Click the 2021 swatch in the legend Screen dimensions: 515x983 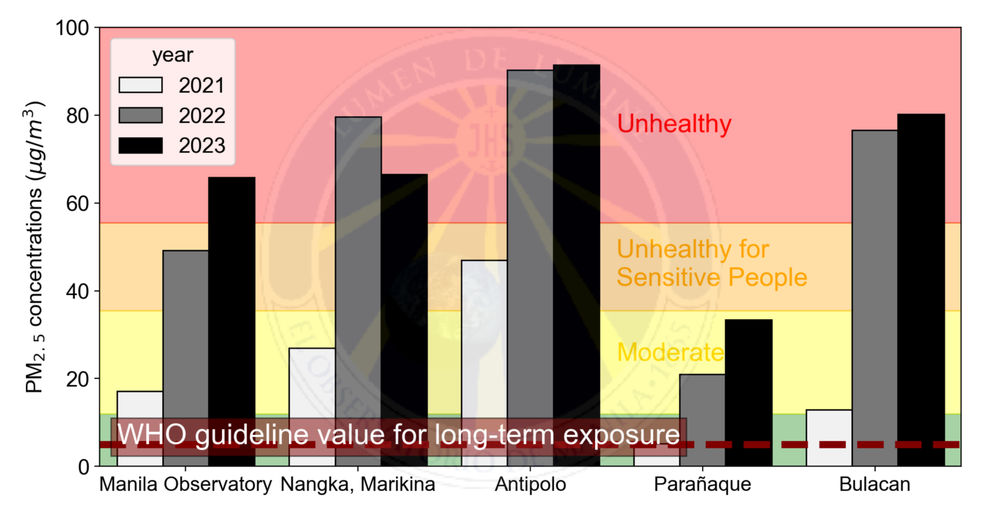tap(141, 85)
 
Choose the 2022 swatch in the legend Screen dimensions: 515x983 tap(141, 115)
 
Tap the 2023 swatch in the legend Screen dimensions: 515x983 tap(141, 145)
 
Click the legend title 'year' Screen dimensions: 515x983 tap(172, 55)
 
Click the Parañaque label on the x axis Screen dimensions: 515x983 tap(702, 484)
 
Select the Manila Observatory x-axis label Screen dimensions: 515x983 tap(185, 484)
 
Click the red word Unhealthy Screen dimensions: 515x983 tap(674, 124)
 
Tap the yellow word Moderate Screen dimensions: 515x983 tap(670, 352)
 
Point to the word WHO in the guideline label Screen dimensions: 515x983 tap(152, 434)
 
